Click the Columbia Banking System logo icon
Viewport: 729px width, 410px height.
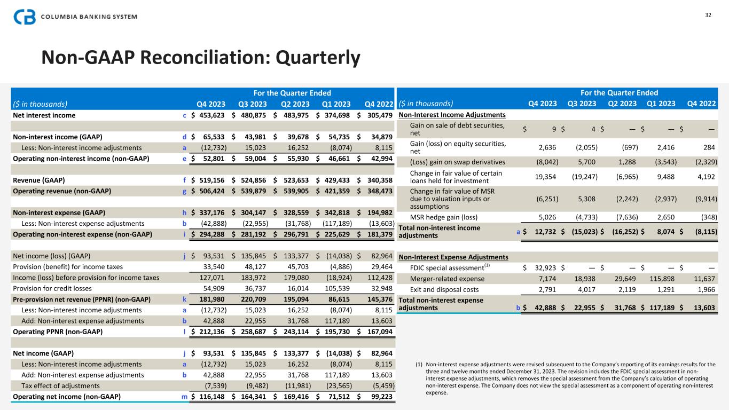(25, 17)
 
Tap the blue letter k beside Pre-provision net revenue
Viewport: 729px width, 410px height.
(184, 299)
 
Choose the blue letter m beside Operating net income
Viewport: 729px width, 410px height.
(184, 397)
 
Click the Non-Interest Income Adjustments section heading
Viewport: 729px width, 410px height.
(452, 115)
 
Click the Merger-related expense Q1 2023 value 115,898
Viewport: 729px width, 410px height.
(660, 279)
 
